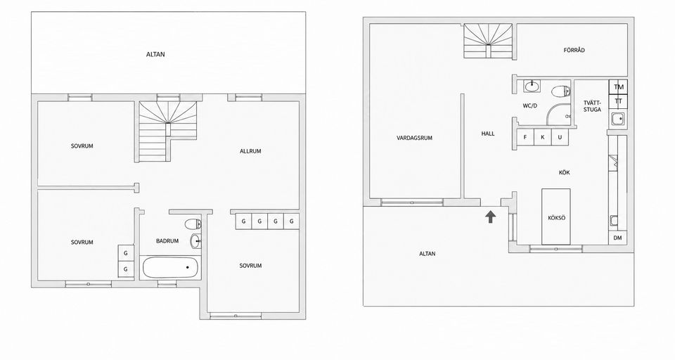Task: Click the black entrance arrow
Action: (490, 217)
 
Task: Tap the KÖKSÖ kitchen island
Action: (556, 217)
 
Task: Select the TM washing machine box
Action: (619, 87)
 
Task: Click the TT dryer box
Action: (619, 101)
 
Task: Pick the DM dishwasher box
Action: (618, 238)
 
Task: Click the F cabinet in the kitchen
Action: (525, 137)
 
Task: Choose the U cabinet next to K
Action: (560, 137)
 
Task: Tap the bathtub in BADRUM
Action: (170, 267)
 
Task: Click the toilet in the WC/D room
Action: (562, 91)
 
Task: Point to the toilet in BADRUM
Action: (193, 224)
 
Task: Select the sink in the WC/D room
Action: (532, 86)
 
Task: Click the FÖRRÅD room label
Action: (574, 50)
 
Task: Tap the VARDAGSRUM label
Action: (415, 139)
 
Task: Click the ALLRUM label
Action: (250, 151)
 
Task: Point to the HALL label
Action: (488, 134)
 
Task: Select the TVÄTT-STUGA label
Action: (592, 106)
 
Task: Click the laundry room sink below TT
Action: (618, 118)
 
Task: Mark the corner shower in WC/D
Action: (558, 114)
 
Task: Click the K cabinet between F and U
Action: (542, 137)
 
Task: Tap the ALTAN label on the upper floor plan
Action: (155, 55)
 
